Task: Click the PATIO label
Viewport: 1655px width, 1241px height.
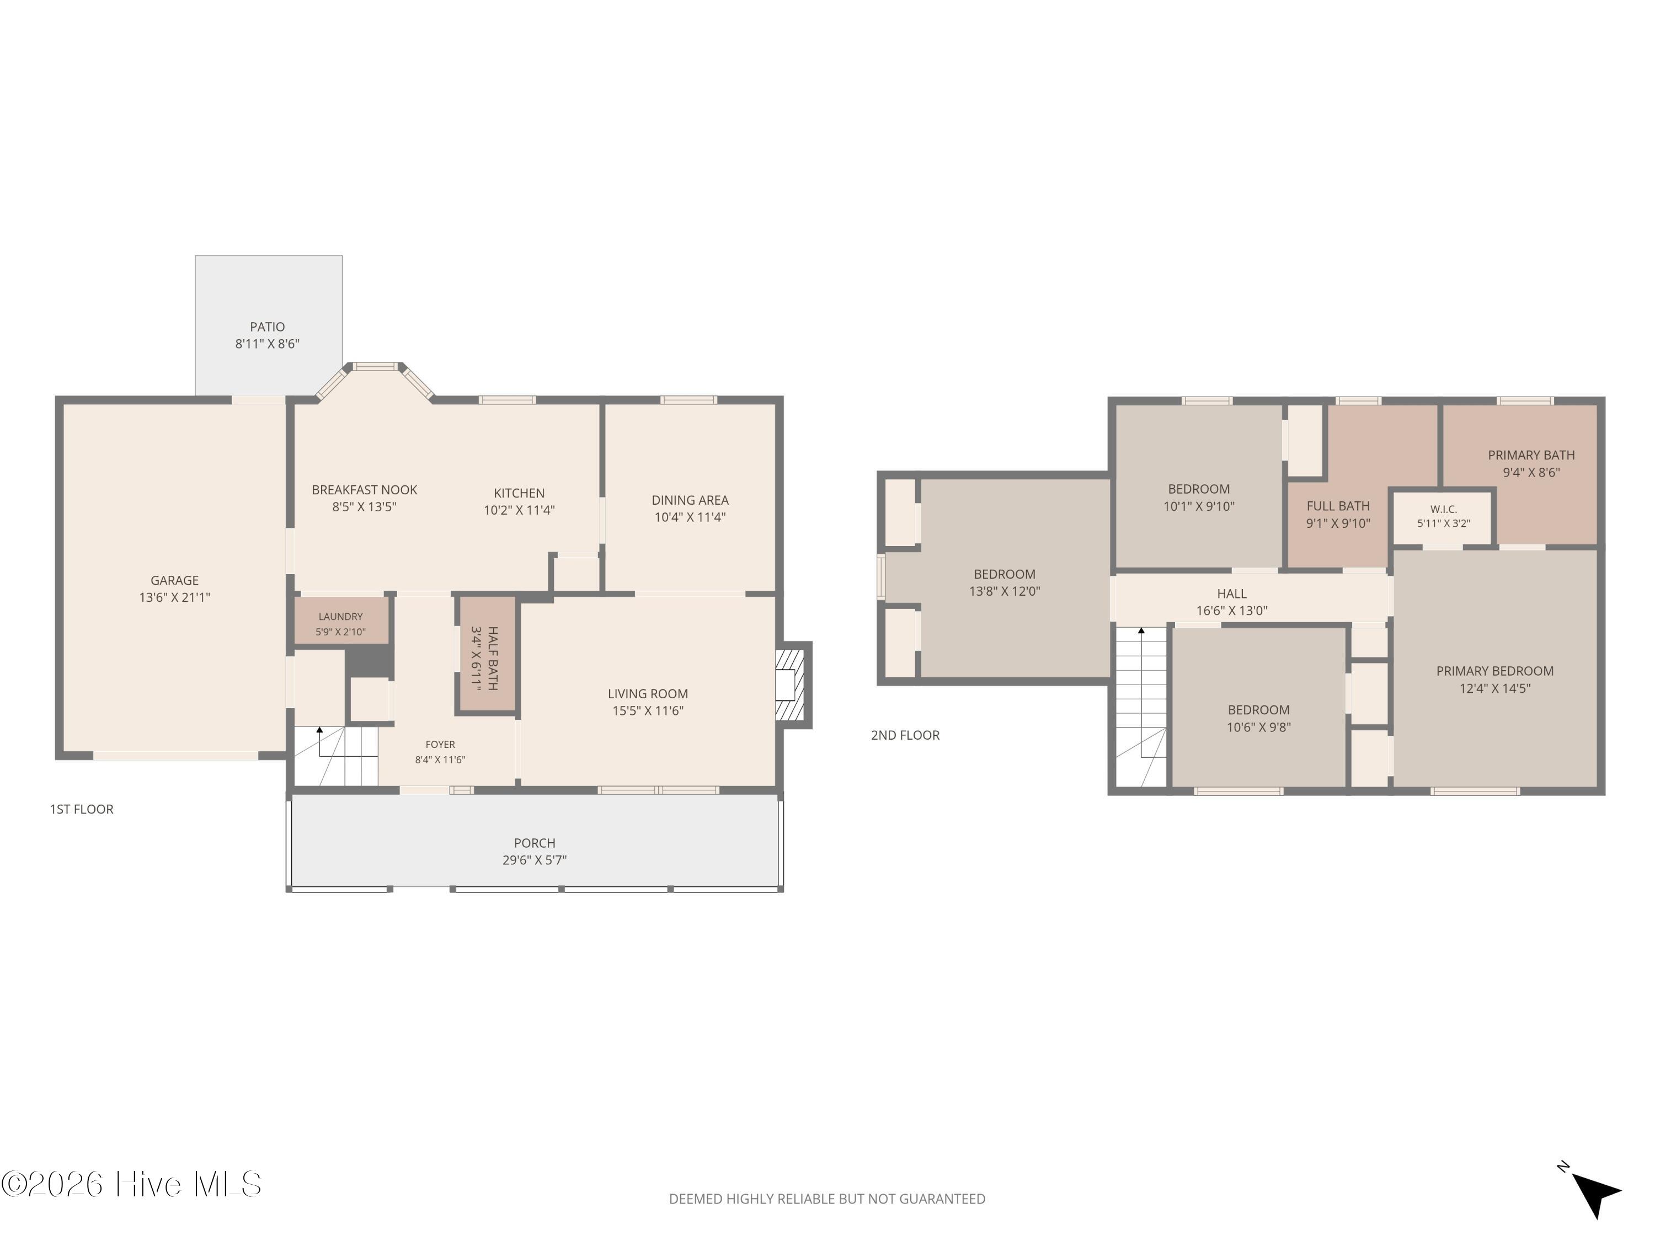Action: [x=267, y=327]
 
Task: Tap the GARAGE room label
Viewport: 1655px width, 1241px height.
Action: [x=174, y=580]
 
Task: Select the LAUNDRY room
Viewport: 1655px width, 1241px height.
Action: [x=341, y=620]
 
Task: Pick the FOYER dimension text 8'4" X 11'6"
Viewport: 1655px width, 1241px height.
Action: [x=440, y=760]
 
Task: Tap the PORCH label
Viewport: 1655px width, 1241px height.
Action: [x=534, y=843]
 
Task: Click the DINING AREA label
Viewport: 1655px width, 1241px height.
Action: [x=690, y=500]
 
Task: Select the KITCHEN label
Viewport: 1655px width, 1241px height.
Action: [x=519, y=494]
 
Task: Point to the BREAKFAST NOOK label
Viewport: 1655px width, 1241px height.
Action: [x=364, y=490]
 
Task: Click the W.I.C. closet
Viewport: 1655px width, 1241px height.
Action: [x=1443, y=517]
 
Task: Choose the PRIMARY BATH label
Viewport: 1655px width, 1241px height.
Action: [x=1531, y=456]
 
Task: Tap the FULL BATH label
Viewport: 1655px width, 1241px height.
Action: [x=1338, y=506]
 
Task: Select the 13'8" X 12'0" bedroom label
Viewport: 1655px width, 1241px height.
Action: [x=1004, y=591]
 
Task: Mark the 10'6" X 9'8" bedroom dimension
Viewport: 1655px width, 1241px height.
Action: [x=1258, y=727]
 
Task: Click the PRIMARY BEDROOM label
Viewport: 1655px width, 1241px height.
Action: [x=1494, y=672]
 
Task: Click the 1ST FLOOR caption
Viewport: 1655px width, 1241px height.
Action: [x=82, y=809]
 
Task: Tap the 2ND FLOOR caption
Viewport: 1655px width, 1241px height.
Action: [x=905, y=735]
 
